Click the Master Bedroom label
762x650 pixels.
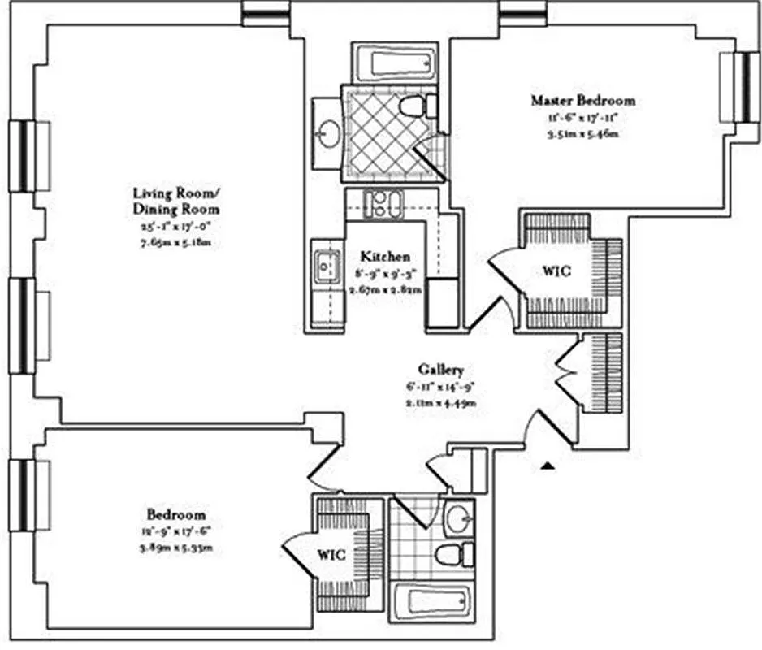point(582,101)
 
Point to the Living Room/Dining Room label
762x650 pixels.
point(176,201)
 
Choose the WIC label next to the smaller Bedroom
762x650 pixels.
point(331,556)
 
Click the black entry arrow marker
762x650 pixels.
point(549,466)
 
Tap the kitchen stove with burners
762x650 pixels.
point(383,203)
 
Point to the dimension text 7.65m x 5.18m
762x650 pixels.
point(176,243)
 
